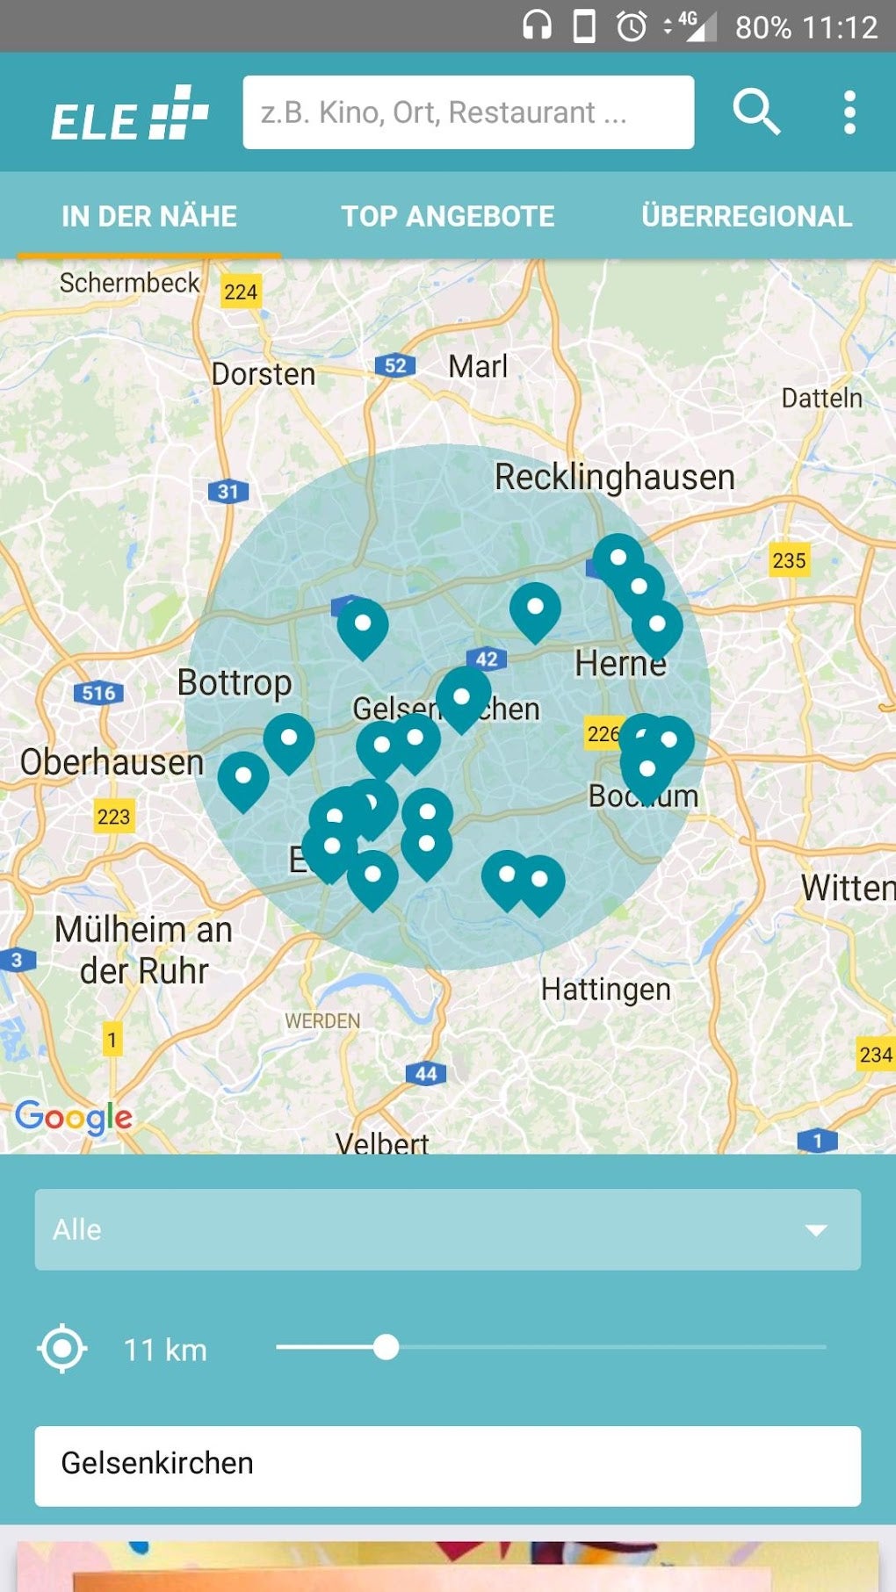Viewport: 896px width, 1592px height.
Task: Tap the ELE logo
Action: tap(129, 114)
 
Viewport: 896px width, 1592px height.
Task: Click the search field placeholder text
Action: tap(444, 112)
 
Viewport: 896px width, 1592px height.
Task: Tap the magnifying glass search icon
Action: tap(756, 112)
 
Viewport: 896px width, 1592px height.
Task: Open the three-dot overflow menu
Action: tap(849, 112)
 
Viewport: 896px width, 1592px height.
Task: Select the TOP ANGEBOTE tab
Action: tap(448, 216)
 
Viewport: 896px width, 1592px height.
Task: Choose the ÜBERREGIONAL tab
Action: tap(747, 216)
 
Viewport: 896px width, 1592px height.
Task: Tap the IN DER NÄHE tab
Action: tap(149, 216)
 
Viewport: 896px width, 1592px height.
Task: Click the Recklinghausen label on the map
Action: tap(614, 478)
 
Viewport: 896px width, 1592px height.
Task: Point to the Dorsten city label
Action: tap(263, 374)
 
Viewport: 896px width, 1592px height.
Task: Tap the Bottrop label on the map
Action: tap(235, 682)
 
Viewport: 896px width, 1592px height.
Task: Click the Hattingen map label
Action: tap(605, 990)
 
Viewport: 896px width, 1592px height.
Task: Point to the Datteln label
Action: tap(821, 398)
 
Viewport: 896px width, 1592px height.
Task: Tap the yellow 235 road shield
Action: tap(789, 560)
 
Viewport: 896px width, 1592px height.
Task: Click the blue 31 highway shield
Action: tap(228, 492)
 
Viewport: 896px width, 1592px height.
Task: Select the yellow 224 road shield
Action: tap(240, 292)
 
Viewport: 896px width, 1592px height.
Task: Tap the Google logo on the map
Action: tap(74, 1117)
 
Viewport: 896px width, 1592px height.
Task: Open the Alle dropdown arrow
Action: tap(816, 1229)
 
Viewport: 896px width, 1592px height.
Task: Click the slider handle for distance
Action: tap(386, 1347)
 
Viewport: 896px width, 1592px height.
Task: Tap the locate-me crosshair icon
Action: tap(62, 1349)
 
